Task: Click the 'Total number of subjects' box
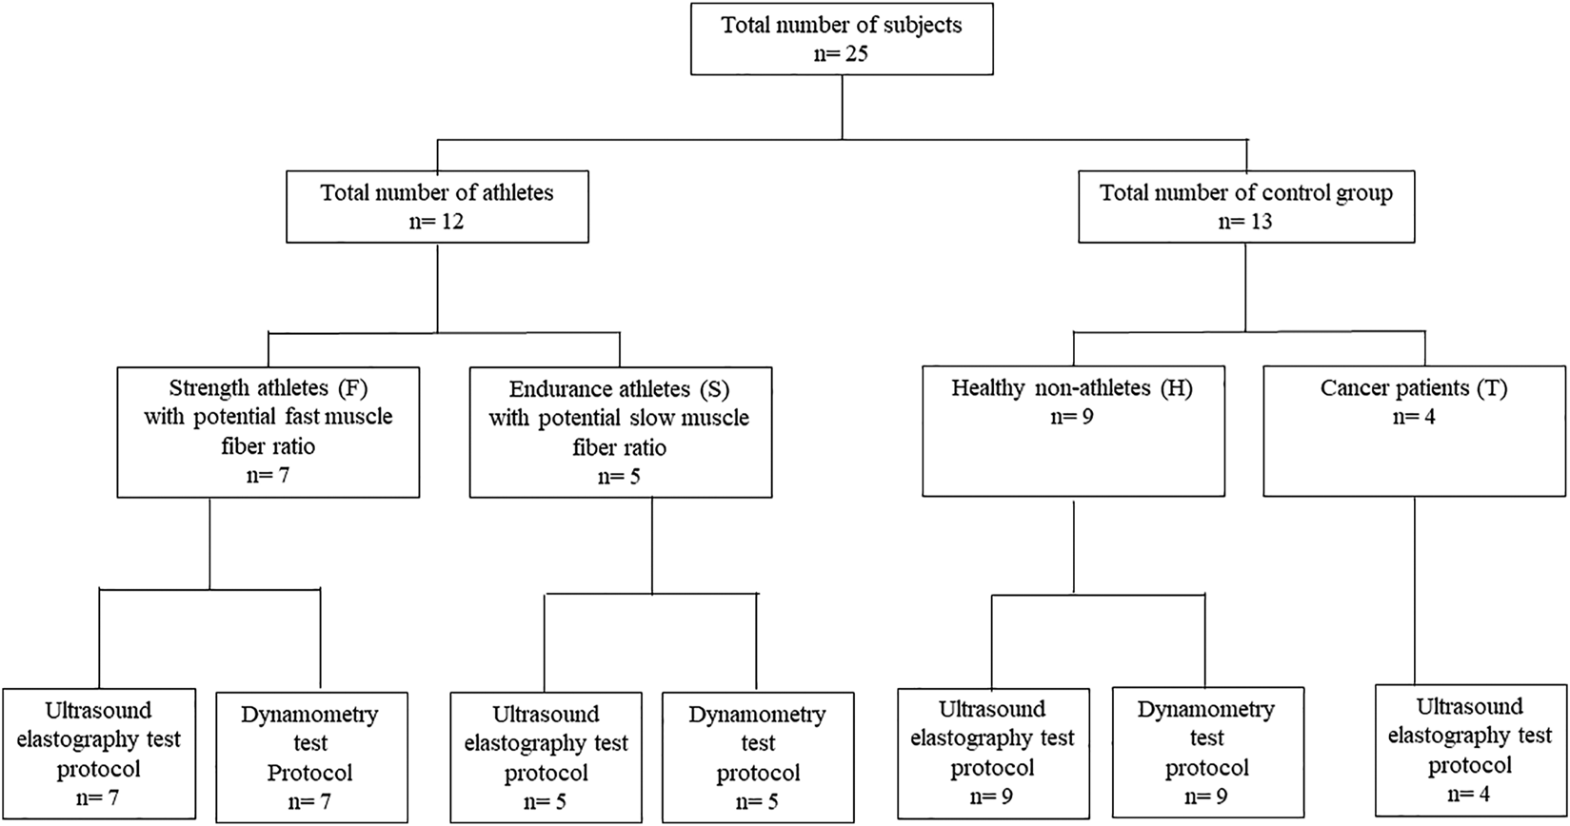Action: coord(842,38)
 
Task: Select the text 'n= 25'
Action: coord(841,54)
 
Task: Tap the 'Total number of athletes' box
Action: coord(437,206)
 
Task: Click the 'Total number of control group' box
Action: coord(1246,206)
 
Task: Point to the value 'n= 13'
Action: coord(1245,222)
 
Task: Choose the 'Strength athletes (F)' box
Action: coord(268,432)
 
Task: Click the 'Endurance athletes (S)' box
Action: coord(621,432)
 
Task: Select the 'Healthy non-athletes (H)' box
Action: coord(1074,431)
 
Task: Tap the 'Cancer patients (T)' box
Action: coord(1415,431)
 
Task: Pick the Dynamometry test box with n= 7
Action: coord(312,757)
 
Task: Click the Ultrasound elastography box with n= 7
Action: coord(99,754)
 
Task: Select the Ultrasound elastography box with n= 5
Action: coord(546,757)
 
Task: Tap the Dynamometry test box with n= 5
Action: coord(759,757)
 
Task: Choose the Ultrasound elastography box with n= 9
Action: coord(993,753)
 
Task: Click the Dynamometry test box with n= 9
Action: coord(1208,753)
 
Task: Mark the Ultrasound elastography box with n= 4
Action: coord(1470,750)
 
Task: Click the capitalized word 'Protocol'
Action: coord(309,773)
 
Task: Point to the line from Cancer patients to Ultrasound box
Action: coord(1415,591)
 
